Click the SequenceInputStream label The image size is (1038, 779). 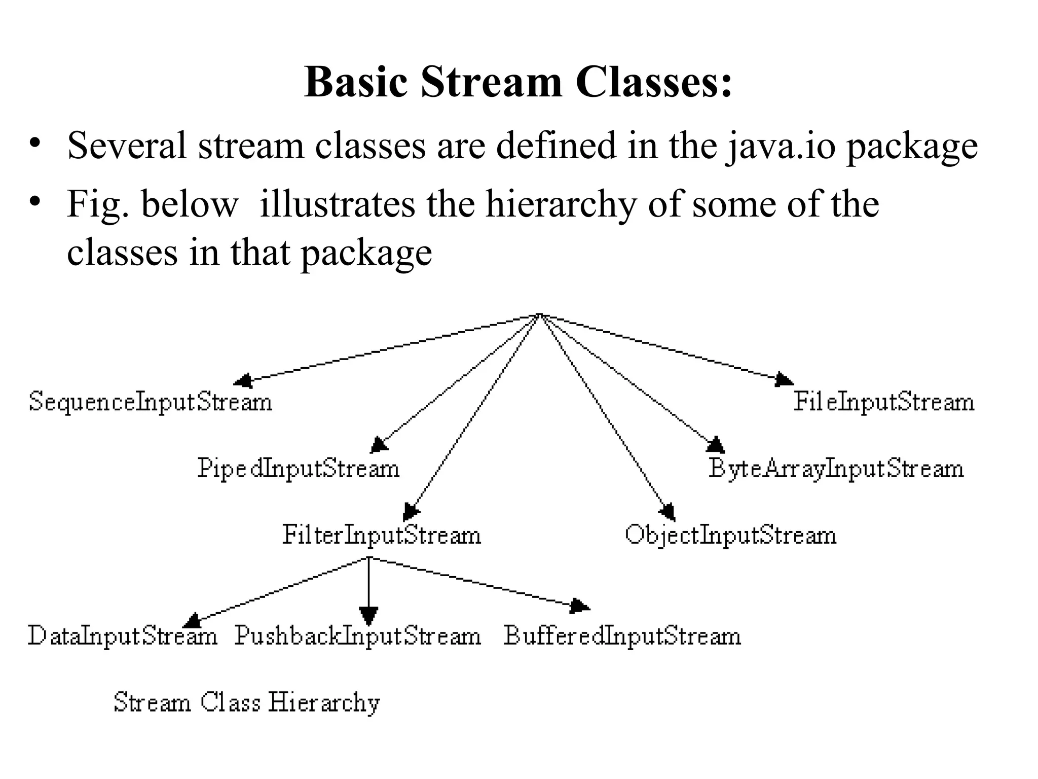pyautogui.click(x=151, y=402)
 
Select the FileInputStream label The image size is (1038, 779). pyautogui.click(x=883, y=402)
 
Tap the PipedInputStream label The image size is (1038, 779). pyautogui.click(x=299, y=468)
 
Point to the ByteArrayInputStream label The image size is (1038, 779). pyautogui.click(x=836, y=468)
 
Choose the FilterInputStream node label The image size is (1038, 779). pyautogui.click(x=381, y=535)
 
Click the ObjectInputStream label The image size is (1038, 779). pyautogui.click(x=730, y=535)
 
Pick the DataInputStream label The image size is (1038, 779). pyautogui.click(x=122, y=635)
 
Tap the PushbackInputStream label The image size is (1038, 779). pyautogui.click(x=357, y=635)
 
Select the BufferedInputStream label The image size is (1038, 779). pyautogui.click(x=622, y=635)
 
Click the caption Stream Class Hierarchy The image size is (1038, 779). pyautogui.click(x=247, y=703)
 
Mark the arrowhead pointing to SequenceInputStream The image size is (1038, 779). pyautogui.click(x=243, y=380)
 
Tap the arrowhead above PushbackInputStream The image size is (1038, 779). pyautogui.click(x=368, y=616)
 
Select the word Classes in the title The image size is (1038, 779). pyautogui.click(x=653, y=82)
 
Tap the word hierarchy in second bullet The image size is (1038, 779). pyautogui.click(x=561, y=204)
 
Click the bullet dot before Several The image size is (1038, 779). pyautogui.click(x=34, y=143)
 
